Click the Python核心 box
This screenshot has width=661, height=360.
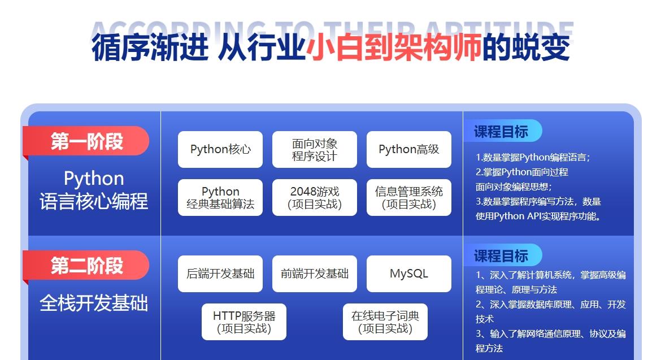click(x=220, y=149)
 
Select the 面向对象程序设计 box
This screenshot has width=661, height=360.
click(x=315, y=149)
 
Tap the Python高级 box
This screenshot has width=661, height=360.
click(x=409, y=149)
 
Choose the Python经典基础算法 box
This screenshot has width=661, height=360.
click(x=220, y=197)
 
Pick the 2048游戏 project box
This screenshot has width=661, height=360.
click(x=315, y=197)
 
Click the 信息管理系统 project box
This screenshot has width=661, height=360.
click(x=409, y=197)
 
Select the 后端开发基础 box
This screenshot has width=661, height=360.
click(x=220, y=274)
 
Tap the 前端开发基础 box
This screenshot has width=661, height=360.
click(x=315, y=274)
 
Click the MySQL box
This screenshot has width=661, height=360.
click(x=409, y=274)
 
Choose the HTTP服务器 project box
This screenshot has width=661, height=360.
click(x=243, y=322)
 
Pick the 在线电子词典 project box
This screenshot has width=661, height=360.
click(x=385, y=322)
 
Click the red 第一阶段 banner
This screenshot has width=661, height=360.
click(x=86, y=141)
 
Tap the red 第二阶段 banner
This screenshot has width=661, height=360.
click(x=86, y=266)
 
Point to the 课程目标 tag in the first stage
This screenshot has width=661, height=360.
click(x=502, y=131)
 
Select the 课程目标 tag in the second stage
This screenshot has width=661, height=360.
click(x=502, y=255)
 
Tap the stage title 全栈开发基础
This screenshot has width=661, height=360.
click(x=94, y=303)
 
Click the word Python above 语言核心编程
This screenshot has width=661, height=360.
click(x=94, y=179)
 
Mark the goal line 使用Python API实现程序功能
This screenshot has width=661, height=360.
click(x=538, y=216)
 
